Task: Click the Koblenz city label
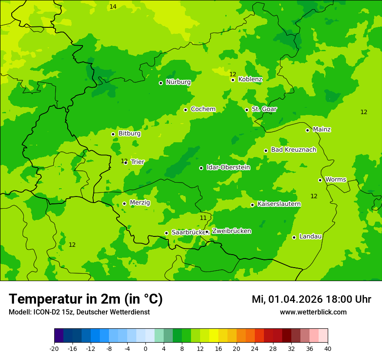250,79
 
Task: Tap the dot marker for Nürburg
161,83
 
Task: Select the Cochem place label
203,109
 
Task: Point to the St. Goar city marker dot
247,110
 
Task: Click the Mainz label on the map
322,130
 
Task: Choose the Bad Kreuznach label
293,150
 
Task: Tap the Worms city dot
320,180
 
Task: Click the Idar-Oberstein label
228,167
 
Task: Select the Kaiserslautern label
279,204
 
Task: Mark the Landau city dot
294,237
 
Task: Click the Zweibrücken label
231,231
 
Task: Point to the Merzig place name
140,203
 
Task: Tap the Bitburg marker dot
113,134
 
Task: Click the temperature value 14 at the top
113,7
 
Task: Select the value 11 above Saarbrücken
203,218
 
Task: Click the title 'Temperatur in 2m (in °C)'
86,299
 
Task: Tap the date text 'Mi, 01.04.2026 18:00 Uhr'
311,299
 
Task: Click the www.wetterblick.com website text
313,312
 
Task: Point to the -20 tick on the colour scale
54,349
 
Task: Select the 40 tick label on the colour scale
328,349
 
